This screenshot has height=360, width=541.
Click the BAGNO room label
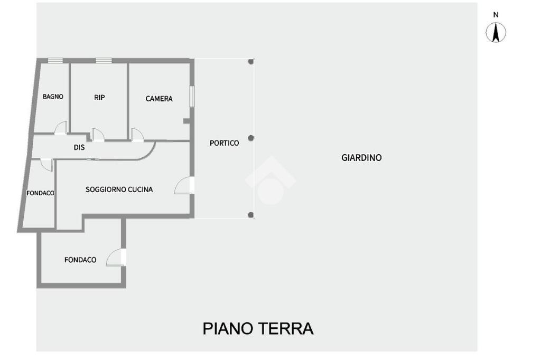point(53,97)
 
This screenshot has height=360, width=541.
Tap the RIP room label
point(99,97)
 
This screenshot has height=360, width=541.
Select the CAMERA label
point(159,99)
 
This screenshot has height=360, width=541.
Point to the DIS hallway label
point(79,148)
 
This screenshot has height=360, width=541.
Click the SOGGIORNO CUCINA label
point(119,189)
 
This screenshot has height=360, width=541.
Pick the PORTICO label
point(224,143)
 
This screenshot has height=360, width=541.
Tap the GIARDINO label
point(361,157)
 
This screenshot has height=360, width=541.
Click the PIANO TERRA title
point(258,328)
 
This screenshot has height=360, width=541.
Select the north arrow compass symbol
point(496,33)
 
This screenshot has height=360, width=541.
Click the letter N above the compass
point(496,15)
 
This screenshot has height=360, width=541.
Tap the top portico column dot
point(251,62)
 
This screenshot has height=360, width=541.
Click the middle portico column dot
point(251,138)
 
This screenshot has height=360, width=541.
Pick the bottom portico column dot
point(251,215)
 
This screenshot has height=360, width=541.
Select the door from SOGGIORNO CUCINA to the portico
point(184,185)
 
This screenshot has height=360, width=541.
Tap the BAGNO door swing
point(61,128)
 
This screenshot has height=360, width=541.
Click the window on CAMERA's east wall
point(192,96)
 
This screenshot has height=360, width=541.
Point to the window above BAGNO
point(55,61)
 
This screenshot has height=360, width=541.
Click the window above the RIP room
point(104,61)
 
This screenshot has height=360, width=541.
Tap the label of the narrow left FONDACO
point(41,193)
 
